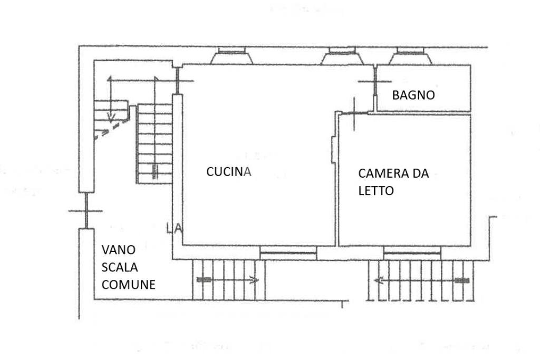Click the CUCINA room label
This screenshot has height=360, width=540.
click(x=228, y=172)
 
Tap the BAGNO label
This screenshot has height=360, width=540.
click(x=413, y=95)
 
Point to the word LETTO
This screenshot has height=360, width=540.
click(x=375, y=191)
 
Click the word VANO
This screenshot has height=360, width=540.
click(x=119, y=249)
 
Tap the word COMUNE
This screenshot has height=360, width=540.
click(x=128, y=285)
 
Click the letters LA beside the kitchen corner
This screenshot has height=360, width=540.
click(x=173, y=229)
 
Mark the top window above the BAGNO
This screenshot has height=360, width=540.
click(x=410, y=56)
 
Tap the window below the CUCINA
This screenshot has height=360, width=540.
click(x=288, y=254)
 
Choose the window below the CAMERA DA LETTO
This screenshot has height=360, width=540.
click(x=412, y=254)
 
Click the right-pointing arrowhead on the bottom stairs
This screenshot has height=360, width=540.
click(x=255, y=280)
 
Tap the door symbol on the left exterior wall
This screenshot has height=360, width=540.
click(x=85, y=211)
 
